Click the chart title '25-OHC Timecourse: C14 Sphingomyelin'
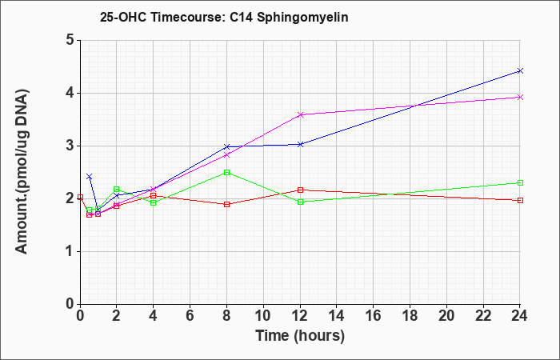pos(224,18)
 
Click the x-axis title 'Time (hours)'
pos(300,336)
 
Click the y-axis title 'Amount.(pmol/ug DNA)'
pos(22,171)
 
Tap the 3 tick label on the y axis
pos(70,146)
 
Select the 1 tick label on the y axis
pos(70,251)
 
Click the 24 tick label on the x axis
pos(520,316)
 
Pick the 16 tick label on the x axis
pos(374,316)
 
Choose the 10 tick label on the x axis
pos(263,316)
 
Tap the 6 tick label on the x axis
pos(190,316)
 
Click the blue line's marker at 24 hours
pos(520,70)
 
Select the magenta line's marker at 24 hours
pos(520,97)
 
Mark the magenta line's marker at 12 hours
pos(300,114)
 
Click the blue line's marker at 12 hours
pos(300,144)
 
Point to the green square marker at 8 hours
pos(226,173)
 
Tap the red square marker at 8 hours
pos(226,204)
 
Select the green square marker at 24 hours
pos(520,183)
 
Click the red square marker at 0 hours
pos(80,197)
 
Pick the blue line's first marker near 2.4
pos(90,177)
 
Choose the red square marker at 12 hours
pos(300,190)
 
